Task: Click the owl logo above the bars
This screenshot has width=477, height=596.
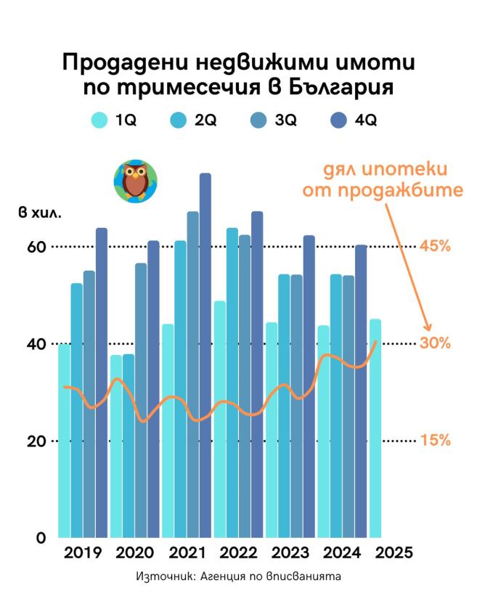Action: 135,181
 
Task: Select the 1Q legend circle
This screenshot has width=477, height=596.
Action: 99,121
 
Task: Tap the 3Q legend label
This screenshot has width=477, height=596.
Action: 285,121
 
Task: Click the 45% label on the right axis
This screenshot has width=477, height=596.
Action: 435,246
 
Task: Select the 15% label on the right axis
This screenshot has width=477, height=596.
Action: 435,441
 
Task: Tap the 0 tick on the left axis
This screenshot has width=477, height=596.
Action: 41,539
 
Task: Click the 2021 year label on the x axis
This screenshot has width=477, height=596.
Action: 187,552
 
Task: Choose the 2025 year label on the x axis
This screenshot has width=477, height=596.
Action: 395,552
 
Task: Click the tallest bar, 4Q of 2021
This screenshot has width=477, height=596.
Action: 205,356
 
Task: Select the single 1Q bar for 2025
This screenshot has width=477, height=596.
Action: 375,428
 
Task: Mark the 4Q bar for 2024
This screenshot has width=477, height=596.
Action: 361,392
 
